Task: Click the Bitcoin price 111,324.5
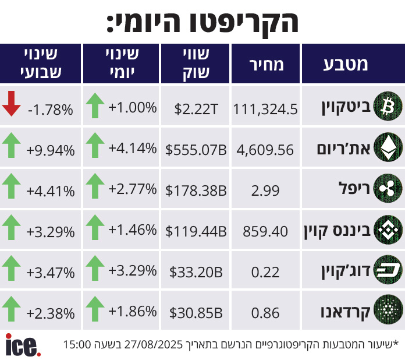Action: pyautogui.click(x=265, y=109)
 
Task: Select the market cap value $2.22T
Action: pyautogui.click(x=196, y=109)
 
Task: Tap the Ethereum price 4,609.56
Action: pyautogui.click(x=265, y=150)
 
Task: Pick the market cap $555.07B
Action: pyautogui.click(x=196, y=150)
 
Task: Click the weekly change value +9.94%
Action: pyautogui.click(x=51, y=150)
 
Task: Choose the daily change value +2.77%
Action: pyautogui.click(x=133, y=189)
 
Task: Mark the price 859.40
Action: pyautogui.click(x=265, y=231)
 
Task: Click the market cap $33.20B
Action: pyautogui.click(x=196, y=272)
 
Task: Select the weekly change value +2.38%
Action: pyautogui.click(x=51, y=313)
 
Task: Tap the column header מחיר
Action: pyautogui.click(x=266, y=64)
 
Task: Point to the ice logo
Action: pyautogui.click(x=23, y=345)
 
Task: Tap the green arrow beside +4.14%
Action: pyautogui.click(x=94, y=145)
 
